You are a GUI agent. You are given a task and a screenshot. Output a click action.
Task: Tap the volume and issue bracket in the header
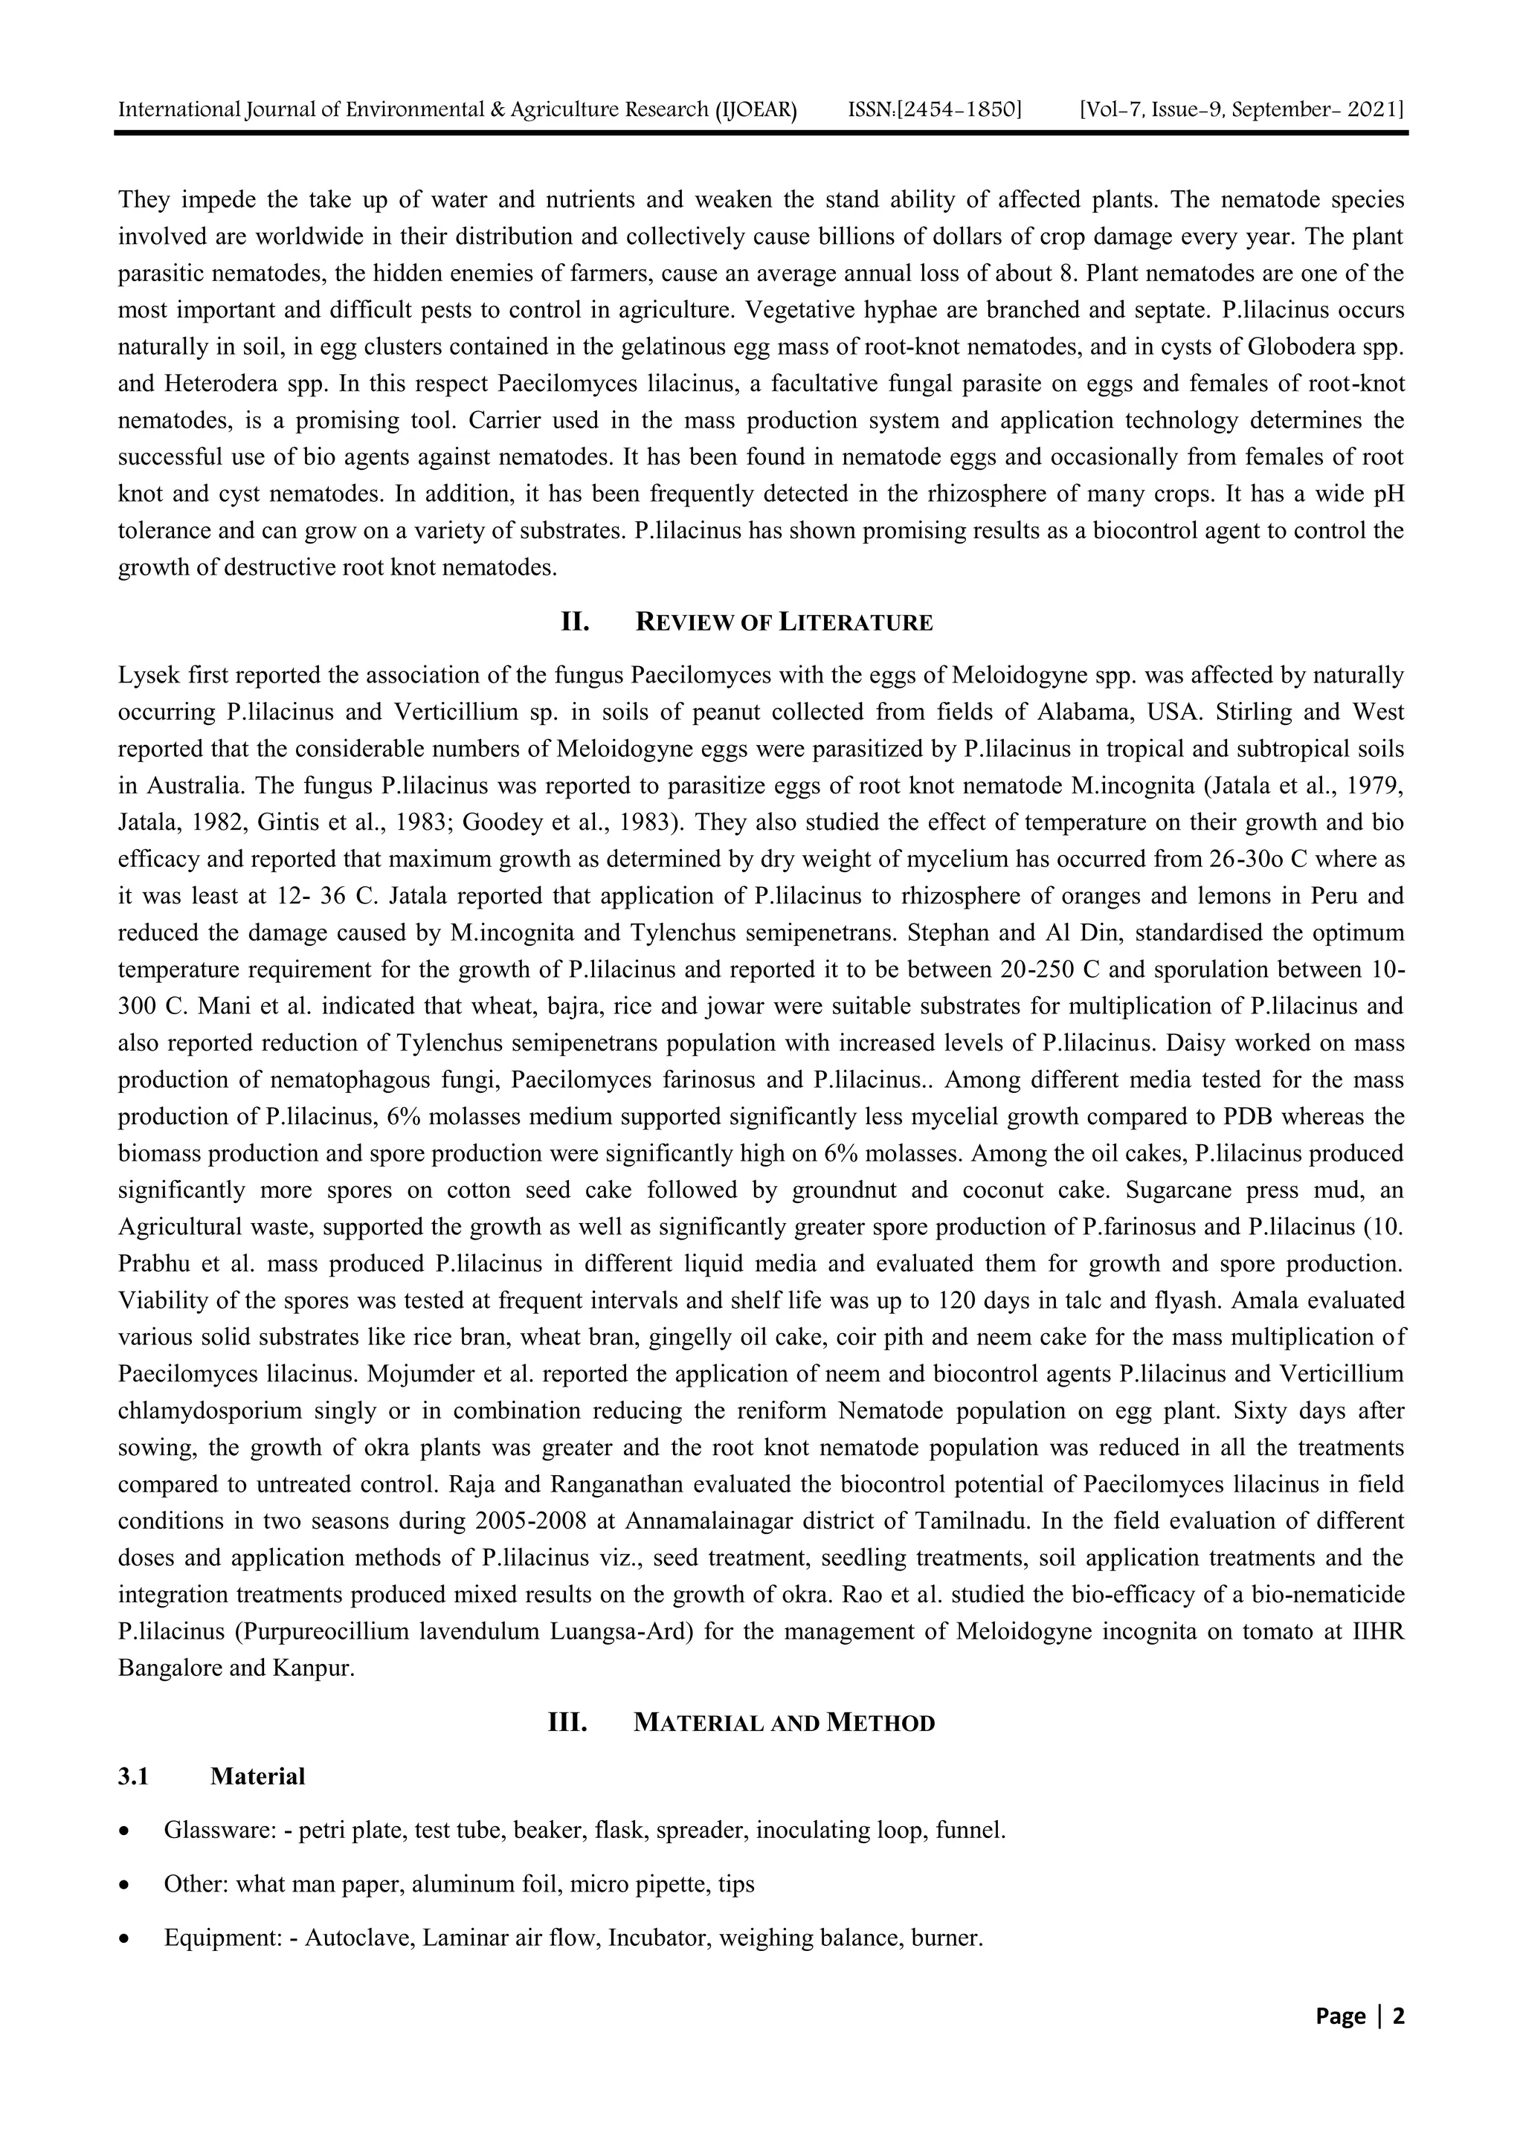tap(1241, 110)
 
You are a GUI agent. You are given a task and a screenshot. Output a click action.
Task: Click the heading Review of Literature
tap(784, 622)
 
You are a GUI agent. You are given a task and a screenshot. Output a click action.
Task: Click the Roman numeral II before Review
tap(574, 622)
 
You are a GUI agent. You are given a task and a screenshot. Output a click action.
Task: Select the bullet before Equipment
tap(125, 1938)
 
